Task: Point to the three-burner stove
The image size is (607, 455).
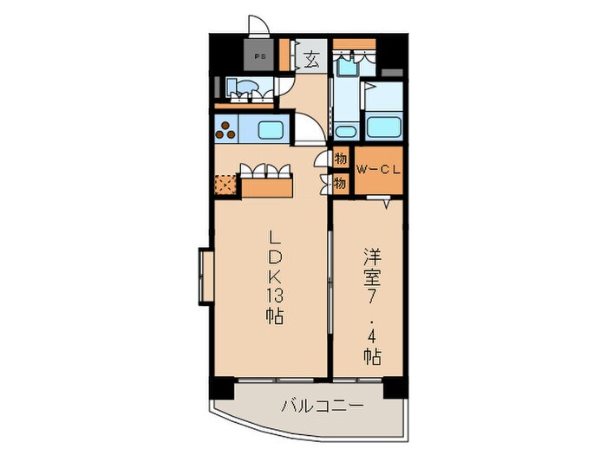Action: (x=227, y=131)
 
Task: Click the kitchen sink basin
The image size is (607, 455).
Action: (x=269, y=131)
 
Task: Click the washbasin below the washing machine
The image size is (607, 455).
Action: (x=344, y=131)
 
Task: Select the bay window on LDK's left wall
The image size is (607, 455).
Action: (x=206, y=277)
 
